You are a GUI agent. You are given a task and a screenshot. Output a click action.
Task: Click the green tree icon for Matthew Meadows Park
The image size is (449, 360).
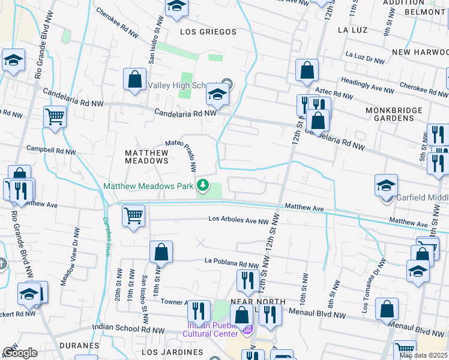203,186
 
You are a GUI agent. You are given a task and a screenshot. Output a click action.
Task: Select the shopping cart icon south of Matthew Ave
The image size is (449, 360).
133,215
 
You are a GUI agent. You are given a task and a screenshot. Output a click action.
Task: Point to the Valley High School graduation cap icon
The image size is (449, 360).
217,94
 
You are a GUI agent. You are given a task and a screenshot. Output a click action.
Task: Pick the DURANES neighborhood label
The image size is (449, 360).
79,346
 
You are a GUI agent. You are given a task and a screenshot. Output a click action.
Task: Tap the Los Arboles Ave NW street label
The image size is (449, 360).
238,220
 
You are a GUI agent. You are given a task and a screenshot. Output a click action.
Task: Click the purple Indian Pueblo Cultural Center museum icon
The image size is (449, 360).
247,329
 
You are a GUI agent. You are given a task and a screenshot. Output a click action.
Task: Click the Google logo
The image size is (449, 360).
20,352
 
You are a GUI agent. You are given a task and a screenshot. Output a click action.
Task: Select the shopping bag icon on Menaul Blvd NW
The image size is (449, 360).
387,310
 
